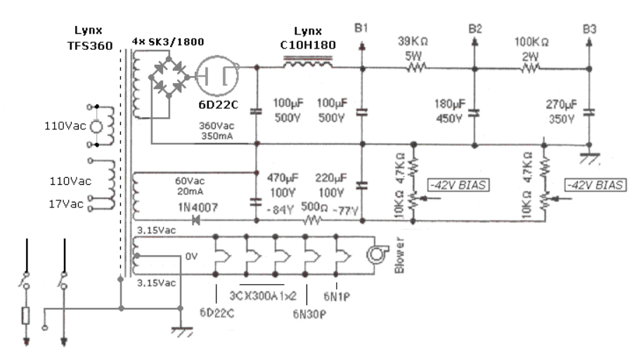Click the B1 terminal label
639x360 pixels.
point(361,28)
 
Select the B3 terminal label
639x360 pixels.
point(589,29)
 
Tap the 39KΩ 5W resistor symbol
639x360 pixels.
point(415,67)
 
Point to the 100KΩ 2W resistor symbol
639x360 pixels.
point(530,68)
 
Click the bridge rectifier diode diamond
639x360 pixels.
point(169,77)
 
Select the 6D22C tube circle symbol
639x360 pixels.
point(217,76)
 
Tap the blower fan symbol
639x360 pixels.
point(377,255)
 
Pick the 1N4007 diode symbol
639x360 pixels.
point(195,221)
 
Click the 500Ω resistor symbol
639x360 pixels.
point(311,221)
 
